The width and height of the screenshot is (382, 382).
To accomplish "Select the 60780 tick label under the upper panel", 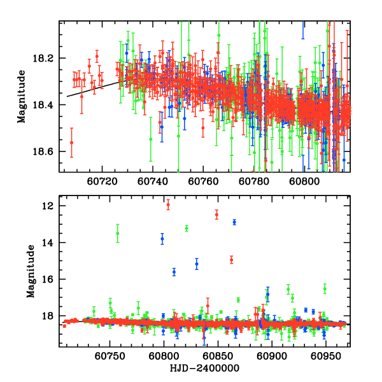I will (253, 180).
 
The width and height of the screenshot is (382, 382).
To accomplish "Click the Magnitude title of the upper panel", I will (22, 96).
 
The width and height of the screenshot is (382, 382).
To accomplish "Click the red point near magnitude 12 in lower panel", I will (168, 204).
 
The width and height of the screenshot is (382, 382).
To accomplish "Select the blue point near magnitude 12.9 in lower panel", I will (234, 222).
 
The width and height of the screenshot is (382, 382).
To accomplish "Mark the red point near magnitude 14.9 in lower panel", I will (231, 260).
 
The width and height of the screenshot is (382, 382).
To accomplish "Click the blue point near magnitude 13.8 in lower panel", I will (162, 239).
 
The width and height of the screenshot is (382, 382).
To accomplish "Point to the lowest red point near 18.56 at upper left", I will (71, 142).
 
